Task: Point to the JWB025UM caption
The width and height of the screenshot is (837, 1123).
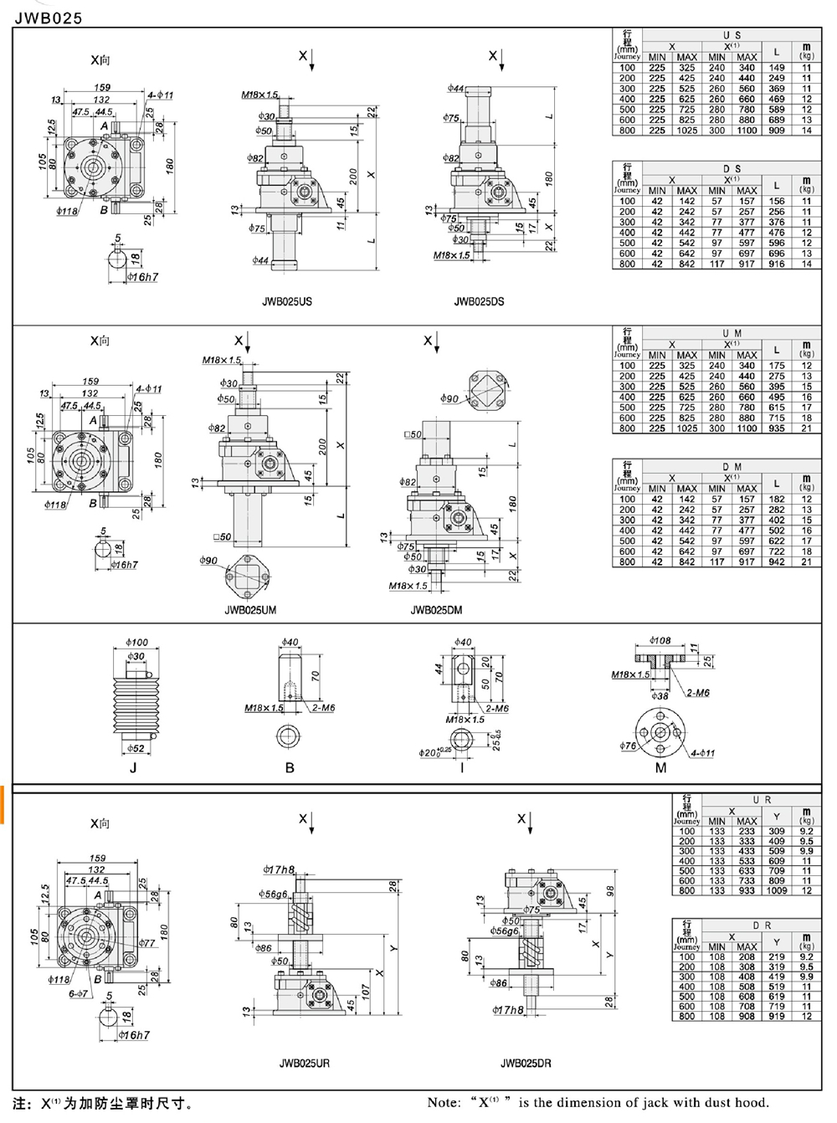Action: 249,610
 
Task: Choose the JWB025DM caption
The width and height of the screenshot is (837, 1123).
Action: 436,610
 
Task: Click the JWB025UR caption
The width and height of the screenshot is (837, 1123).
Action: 304,1064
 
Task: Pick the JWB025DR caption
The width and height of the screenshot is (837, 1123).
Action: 526,1064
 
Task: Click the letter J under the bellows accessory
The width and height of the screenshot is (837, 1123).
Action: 134,767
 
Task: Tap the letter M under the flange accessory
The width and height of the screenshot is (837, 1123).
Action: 661,767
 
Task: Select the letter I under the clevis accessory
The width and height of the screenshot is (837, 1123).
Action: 462,767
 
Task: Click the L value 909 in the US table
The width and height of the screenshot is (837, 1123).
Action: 777,131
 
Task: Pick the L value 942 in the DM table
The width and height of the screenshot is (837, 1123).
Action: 777,562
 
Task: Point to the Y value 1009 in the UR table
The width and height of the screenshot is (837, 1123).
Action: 777,891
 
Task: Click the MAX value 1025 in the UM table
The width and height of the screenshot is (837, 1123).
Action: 686,428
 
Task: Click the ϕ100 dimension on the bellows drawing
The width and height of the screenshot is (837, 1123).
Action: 136,643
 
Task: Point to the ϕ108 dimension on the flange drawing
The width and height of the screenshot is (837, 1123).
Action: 660,641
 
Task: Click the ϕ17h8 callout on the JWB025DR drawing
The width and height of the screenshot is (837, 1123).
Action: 508,1010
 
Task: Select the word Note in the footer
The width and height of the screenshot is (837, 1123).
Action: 444,1103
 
